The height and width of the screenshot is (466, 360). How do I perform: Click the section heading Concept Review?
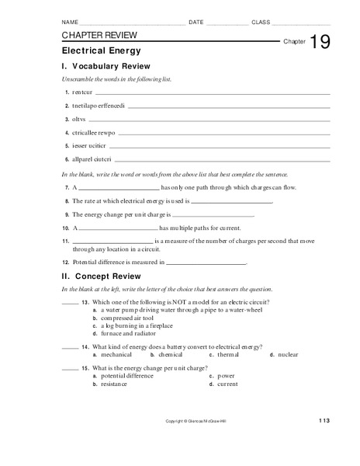tap(106, 276)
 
